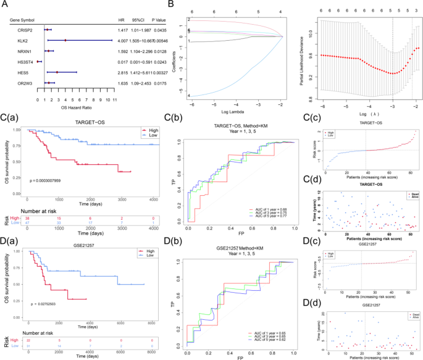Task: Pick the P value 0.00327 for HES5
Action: tap(158, 71)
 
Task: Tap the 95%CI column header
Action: tap(140, 18)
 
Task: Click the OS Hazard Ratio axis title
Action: tap(73, 107)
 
